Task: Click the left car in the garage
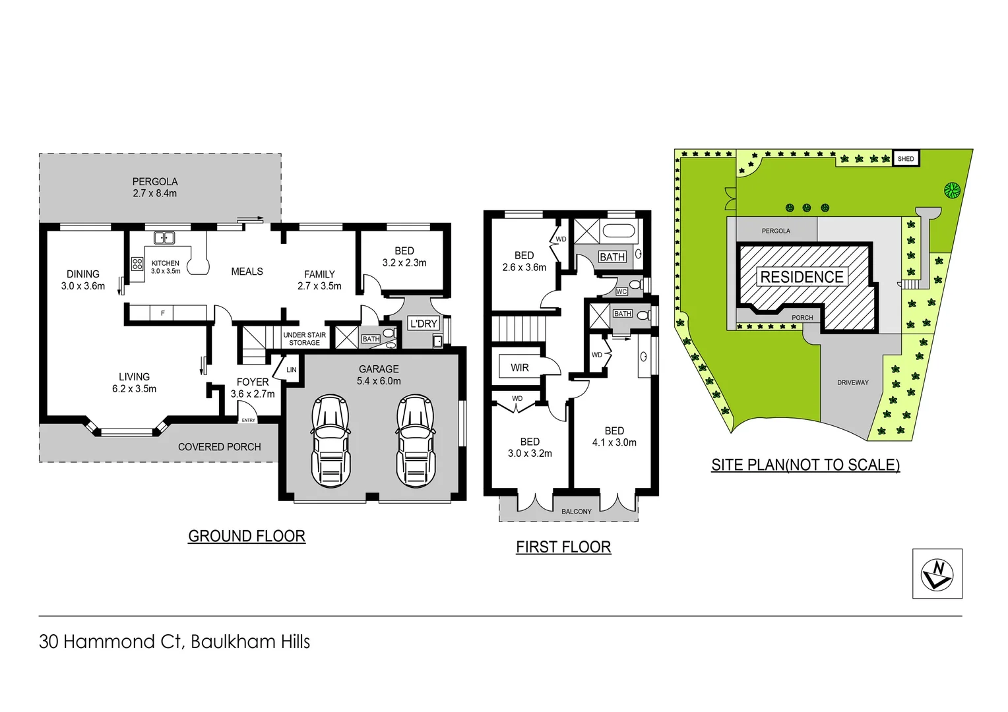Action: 331,440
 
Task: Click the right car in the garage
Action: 416,440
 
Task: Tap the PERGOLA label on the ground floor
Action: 155,181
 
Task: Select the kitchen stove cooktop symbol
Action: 137,264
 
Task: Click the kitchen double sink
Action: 164,237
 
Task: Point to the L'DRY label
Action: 424,323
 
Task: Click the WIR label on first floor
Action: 520,367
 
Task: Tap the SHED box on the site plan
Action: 906,158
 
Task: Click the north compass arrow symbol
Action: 937,574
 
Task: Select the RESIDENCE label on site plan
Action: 802,277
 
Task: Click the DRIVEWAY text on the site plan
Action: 852,382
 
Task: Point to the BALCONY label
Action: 577,512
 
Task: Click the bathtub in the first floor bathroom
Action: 619,232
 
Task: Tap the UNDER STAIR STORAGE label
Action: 304,339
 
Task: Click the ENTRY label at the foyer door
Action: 248,420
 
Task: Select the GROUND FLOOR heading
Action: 247,536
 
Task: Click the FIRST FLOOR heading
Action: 563,547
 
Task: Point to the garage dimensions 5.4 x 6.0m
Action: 379,381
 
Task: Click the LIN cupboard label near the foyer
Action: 291,370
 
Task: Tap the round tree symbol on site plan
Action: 951,191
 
